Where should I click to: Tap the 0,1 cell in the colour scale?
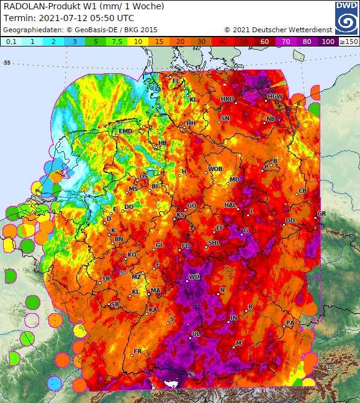(x=12, y=41)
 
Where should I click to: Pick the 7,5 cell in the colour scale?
(x=117, y=41)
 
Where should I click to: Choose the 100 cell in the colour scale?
(x=327, y=41)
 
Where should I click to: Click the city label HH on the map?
(x=191, y=123)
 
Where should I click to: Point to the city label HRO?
(x=228, y=99)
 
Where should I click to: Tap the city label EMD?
(x=126, y=131)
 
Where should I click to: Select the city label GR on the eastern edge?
(x=321, y=214)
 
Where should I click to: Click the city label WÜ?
(x=194, y=277)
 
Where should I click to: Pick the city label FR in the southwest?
(x=138, y=351)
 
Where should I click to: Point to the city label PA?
(x=289, y=323)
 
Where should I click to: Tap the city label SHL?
(x=214, y=242)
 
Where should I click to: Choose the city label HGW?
(x=275, y=96)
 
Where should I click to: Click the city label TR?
(x=106, y=279)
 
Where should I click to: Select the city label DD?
(x=290, y=221)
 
